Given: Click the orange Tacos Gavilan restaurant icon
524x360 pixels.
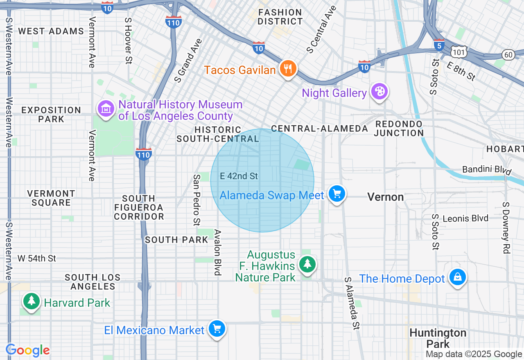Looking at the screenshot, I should [x=288, y=69].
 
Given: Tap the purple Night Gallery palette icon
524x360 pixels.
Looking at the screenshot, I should [x=379, y=92].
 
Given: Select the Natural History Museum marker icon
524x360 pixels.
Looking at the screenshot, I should [x=106, y=109].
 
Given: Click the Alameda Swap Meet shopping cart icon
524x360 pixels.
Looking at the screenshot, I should [x=337, y=194].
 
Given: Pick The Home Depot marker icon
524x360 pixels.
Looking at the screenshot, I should [x=457, y=277].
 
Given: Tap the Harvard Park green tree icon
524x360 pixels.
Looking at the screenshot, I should [x=32, y=302].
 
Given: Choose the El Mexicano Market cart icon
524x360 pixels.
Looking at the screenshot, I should [x=217, y=328].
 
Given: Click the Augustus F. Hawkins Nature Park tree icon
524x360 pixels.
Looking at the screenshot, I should [x=307, y=264].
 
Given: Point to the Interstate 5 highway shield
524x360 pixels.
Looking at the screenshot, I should [x=439, y=45].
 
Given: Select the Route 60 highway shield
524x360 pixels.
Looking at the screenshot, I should [x=508, y=55].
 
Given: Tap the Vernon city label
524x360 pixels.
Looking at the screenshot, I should [x=385, y=197].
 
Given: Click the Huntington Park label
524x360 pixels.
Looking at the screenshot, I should [x=438, y=338].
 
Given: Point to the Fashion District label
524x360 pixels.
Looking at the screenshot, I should [x=280, y=17].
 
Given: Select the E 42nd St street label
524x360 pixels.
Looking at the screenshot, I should [x=239, y=176].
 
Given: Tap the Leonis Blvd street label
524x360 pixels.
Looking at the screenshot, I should [x=465, y=218].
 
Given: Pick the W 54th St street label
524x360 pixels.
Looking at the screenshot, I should [x=37, y=258].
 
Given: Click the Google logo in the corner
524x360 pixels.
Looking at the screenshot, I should [x=28, y=350].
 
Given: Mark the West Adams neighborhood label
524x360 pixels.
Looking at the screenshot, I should [x=51, y=31].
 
